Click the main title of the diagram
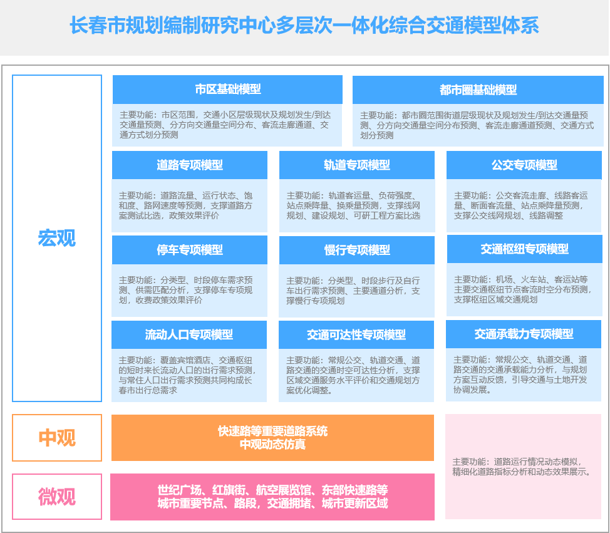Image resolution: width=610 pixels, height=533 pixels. coord(304,26)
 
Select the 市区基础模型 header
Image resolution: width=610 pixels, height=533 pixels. coord(227,90)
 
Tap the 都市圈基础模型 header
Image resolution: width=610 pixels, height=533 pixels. coord(478,90)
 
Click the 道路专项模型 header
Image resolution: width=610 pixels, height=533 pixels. coord(190,165)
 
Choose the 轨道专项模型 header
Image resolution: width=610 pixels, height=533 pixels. coord(357,165)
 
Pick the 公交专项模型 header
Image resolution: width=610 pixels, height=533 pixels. coord(524,165)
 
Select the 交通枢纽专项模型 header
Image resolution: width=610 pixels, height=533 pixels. coord(524,249)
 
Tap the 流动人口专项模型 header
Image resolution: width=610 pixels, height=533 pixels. coord(189,335)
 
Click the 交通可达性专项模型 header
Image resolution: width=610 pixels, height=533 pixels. coord(356,335)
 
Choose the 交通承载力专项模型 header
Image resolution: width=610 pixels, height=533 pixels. coord(524,334)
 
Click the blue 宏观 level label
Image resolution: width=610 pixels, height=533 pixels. coord(57,239)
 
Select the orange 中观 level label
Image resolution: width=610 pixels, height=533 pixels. coord(57,438)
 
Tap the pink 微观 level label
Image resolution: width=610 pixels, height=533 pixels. coord(57,497)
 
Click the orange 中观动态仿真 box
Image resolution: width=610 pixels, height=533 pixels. coord(272,438)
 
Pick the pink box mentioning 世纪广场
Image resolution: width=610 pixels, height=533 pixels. coord(272,497)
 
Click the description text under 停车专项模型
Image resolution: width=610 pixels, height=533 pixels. coord(186,290)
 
